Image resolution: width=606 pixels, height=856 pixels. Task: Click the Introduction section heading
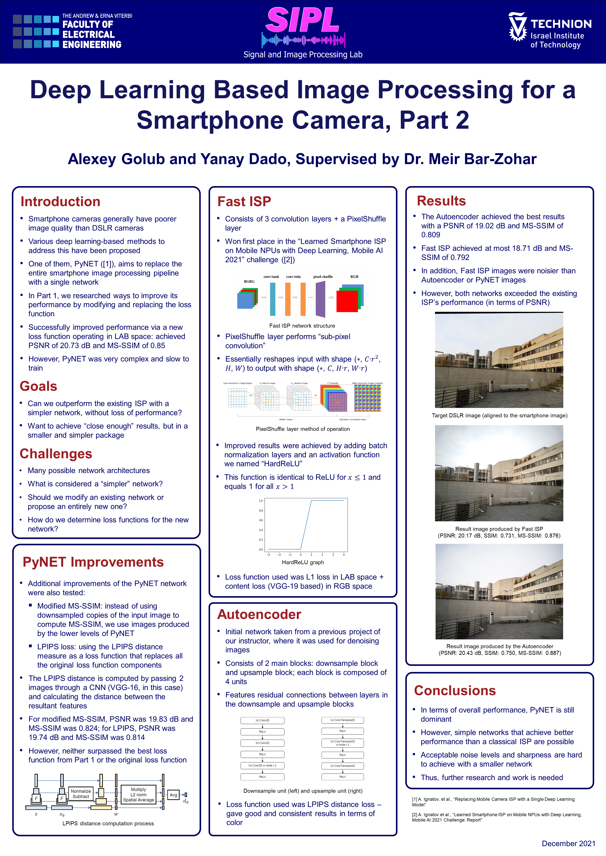click(x=60, y=202)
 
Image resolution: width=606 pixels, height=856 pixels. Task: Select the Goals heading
click(x=39, y=386)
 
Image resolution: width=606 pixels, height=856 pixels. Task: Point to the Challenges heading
click(x=56, y=454)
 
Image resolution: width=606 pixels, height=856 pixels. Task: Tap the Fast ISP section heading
click(x=244, y=202)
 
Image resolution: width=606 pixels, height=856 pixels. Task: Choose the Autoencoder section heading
click(x=259, y=614)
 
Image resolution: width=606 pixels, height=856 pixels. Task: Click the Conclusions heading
click(x=455, y=690)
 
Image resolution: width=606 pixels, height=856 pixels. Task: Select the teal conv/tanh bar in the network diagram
click(x=273, y=299)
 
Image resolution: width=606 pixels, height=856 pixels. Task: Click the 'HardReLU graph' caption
click(x=303, y=562)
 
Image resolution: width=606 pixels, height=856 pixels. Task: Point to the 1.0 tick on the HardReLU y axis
click(x=261, y=501)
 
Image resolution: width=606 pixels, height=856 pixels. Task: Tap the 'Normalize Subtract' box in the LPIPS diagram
click(x=81, y=794)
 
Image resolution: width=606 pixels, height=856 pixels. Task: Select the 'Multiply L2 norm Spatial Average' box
click(x=138, y=794)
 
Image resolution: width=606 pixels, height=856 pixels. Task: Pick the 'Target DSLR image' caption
click(x=499, y=415)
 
